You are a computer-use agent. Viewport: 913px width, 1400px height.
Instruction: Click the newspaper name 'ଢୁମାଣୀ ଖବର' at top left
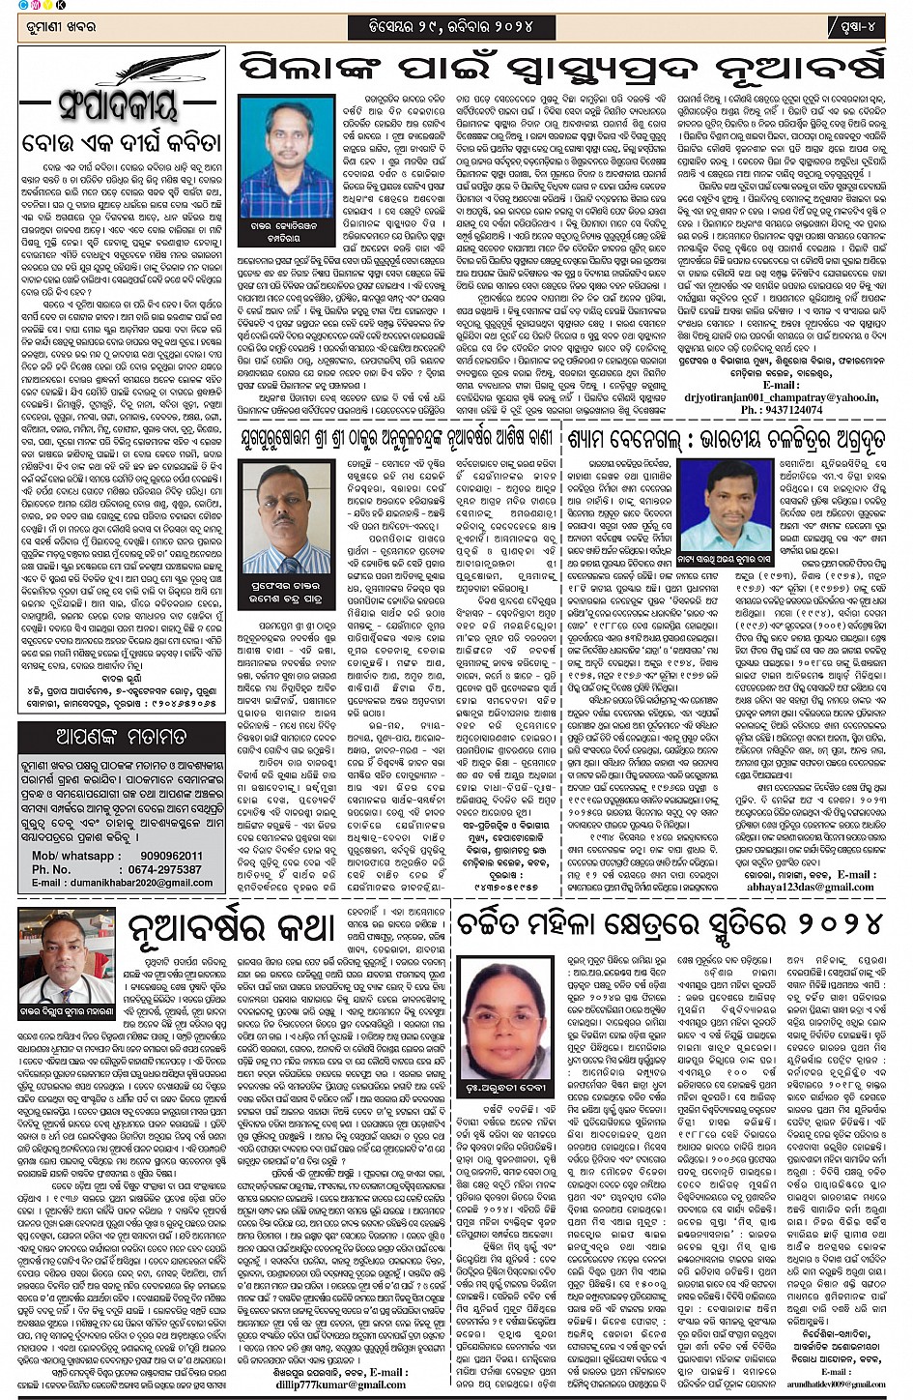pos(61,27)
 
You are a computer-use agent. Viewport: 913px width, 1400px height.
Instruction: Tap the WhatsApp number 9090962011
pos(170,856)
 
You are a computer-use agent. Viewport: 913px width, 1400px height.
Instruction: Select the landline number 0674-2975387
pos(164,869)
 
